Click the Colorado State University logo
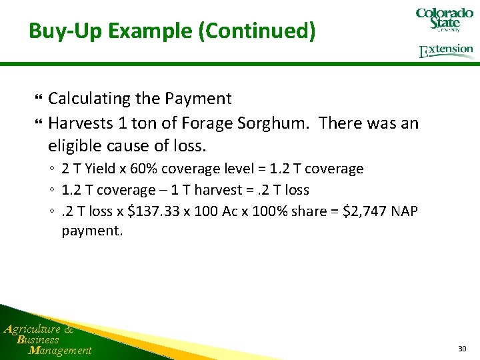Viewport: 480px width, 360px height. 444,21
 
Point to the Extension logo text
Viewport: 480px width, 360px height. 446,51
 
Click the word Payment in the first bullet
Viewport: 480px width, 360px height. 199,99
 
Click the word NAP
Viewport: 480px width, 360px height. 404,211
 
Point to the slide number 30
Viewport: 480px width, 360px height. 462,349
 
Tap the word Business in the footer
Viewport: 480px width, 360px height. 39,339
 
